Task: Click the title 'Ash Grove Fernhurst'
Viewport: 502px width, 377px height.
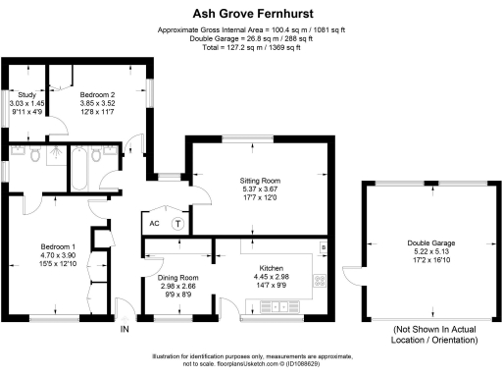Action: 250,13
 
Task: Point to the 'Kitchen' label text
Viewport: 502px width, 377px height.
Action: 271,267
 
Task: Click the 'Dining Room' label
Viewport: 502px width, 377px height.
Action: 177,278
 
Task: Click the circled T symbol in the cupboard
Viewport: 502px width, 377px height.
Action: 177,223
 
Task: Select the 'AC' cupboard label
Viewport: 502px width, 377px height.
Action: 154,223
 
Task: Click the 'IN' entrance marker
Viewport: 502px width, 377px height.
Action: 125,329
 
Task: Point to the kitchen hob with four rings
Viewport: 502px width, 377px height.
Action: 319,281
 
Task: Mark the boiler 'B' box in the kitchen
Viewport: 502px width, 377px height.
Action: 322,244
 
